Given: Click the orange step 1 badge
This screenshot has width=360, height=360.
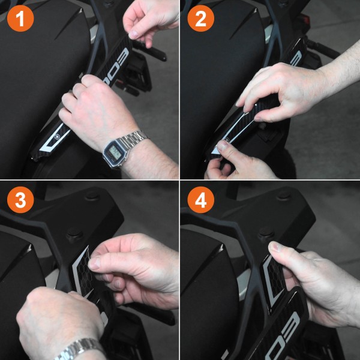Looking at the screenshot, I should coord(20,20).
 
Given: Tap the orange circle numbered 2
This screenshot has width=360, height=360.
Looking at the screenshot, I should coord(200,20).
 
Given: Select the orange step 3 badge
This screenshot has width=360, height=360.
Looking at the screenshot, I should coord(20,201).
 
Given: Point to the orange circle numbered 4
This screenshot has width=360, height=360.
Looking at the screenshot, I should coord(200,201).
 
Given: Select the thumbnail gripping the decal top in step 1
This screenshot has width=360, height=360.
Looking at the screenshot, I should coord(133,31).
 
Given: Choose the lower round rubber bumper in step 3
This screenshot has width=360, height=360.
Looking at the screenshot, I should coord(74,234).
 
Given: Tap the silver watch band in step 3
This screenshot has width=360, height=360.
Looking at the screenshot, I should coord(81,348).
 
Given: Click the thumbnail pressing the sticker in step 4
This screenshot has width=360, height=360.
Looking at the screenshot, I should coord(274,247).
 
